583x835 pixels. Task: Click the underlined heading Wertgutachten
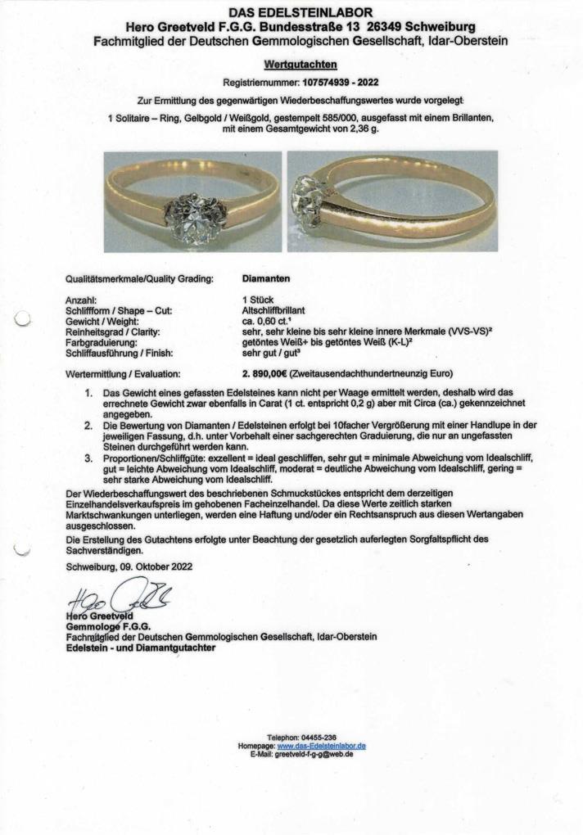[x=301, y=64]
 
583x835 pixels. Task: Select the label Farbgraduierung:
[x=101, y=343]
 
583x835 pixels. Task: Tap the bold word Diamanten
[x=266, y=278]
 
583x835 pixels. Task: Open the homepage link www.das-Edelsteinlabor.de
[x=321, y=746]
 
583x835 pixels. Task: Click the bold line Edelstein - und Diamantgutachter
[x=140, y=648]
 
